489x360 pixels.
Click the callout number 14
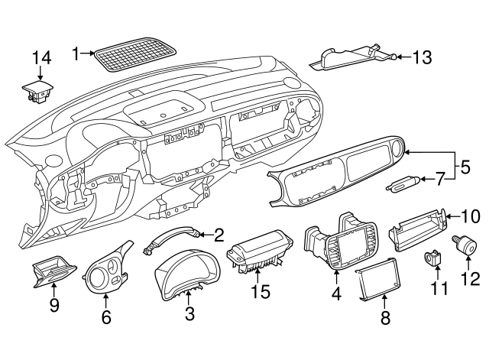click(x=40, y=57)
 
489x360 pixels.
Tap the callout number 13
click(x=422, y=57)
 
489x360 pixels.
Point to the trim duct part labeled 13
click(x=353, y=58)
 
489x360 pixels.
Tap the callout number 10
click(x=468, y=216)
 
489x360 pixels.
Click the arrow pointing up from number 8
click(x=383, y=304)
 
